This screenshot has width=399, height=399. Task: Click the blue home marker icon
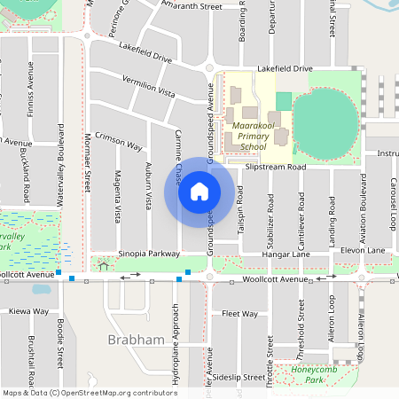[x=199, y=192]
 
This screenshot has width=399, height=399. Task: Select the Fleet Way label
[x=239, y=314]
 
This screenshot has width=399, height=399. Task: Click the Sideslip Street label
[x=239, y=377]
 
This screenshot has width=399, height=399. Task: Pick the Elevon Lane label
[x=364, y=251]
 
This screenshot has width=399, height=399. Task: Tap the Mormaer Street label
[x=87, y=164]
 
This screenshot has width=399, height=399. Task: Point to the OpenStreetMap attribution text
[x=89, y=393]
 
